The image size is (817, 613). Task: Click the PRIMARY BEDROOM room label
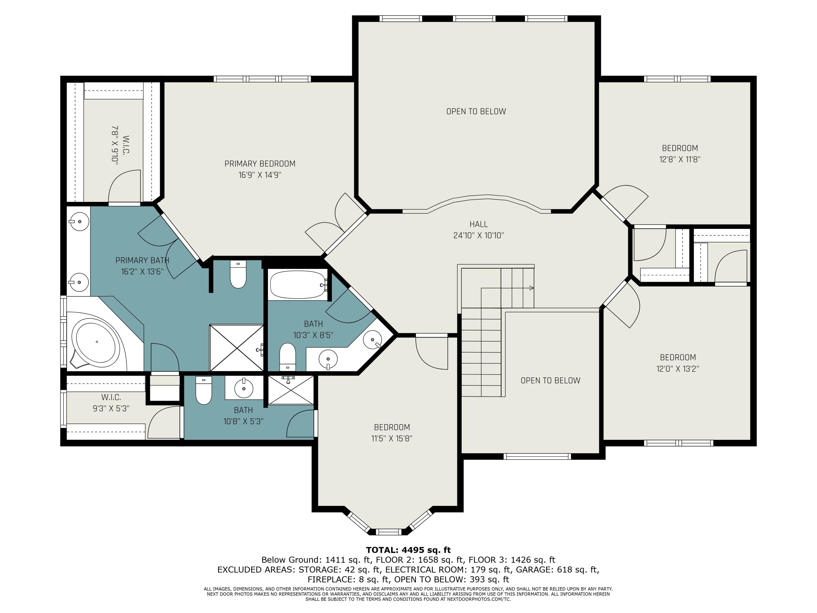[260, 164]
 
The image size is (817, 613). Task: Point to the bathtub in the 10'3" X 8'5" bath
[298, 284]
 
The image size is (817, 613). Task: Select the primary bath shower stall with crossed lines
[236, 348]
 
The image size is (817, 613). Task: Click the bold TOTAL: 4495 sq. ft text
[408, 550]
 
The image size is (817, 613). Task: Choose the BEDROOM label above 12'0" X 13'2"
[678, 357]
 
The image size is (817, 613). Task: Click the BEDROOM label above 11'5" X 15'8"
[392, 427]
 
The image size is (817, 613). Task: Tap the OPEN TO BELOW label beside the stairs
[550, 381]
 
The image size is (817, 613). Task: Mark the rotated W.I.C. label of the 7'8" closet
[126, 145]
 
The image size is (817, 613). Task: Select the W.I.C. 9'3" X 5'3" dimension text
[111, 408]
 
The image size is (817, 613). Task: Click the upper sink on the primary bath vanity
[79, 222]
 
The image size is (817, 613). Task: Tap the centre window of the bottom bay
[388, 532]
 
